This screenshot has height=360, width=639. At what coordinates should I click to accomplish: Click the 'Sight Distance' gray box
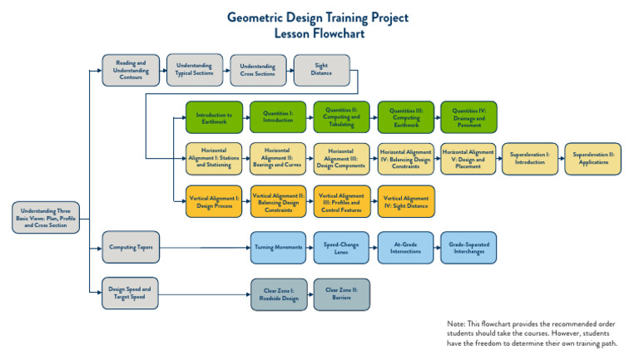321,70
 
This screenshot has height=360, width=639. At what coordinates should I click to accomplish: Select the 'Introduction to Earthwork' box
214,117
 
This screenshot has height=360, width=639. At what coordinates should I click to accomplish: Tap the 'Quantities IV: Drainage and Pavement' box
468,117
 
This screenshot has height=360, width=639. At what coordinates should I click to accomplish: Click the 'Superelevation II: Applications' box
593,158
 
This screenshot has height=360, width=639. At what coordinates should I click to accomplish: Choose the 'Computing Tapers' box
130,247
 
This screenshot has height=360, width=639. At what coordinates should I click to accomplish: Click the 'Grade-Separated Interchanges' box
468,247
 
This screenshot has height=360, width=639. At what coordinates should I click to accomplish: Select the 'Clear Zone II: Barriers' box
341,293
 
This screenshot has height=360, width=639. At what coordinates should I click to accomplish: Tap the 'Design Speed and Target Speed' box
130,293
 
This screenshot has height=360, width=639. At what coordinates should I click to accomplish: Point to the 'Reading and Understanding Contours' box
130,70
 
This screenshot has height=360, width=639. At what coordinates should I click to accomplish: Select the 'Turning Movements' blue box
278,247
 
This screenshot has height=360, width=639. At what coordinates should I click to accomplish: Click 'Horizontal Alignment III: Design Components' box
341,158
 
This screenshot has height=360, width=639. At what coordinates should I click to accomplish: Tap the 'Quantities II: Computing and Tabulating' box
341,117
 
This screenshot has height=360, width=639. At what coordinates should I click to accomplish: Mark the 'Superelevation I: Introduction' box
529,158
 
